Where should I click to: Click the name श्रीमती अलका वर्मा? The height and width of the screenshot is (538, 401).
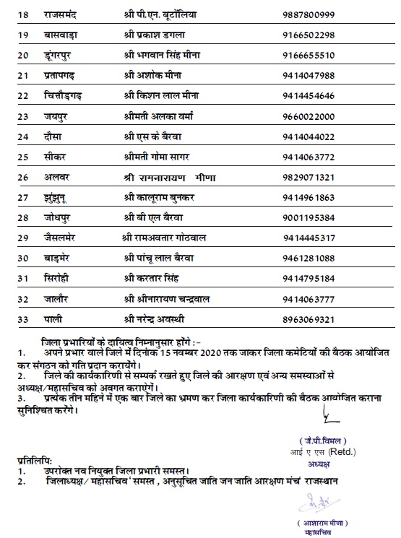(x=173, y=116)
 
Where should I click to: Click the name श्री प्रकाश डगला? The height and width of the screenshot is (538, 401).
(x=170, y=35)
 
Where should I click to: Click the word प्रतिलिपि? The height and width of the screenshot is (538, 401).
(x=35, y=459)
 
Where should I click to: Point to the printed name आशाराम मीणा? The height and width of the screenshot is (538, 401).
(x=319, y=522)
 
